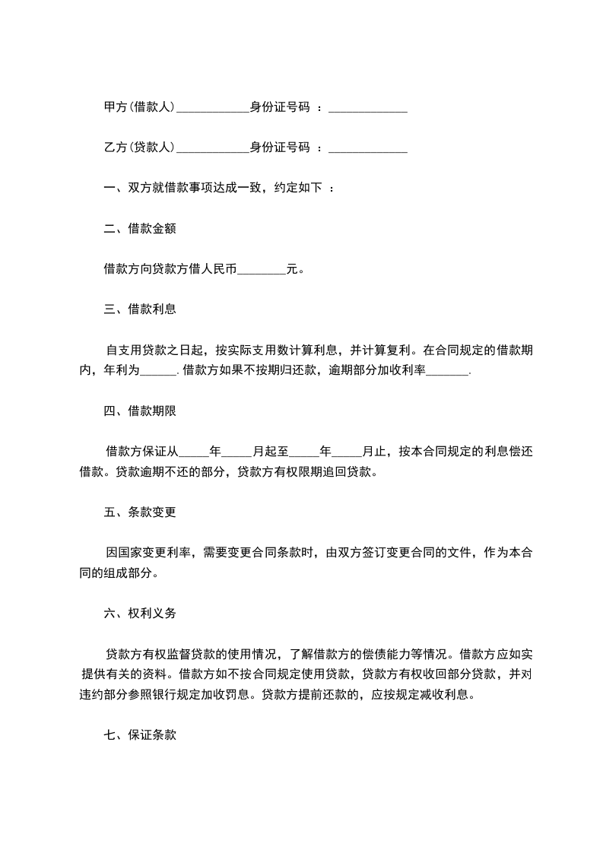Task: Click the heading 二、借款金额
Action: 140,228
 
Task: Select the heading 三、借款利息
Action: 140,309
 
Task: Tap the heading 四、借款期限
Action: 140,411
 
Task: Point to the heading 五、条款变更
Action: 140,512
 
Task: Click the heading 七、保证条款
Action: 140,735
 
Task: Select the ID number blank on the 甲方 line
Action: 367,109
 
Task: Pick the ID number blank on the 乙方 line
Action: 367,148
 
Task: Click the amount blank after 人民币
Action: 262,269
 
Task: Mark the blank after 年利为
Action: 159,371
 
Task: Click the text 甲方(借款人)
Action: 139,108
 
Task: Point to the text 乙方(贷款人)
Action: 139,147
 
